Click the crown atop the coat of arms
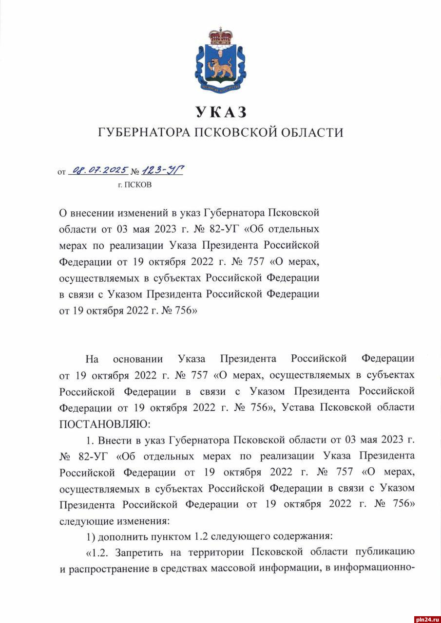pyautogui.click(x=221, y=37)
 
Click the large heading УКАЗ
pyautogui.click(x=221, y=112)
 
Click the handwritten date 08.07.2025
pyautogui.click(x=99, y=171)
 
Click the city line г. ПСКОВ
pyautogui.click(x=134, y=185)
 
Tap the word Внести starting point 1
pyautogui.click(x=114, y=440)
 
